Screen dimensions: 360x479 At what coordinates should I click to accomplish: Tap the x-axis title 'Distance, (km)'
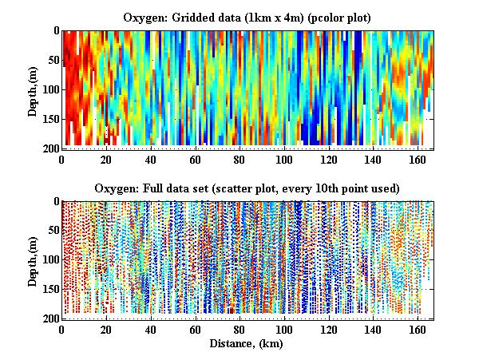(x=247, y=344)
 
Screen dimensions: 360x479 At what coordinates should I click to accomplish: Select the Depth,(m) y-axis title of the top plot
(x=33, y=89)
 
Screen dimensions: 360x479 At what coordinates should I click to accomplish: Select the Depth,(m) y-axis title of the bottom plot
(x=33, y=259)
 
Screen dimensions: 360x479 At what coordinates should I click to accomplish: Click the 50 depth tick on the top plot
(x=51, y=60)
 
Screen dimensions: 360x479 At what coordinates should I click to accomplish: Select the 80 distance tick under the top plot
(x=239, y=159)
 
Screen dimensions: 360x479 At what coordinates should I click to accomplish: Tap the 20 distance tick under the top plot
(x=106, y=159)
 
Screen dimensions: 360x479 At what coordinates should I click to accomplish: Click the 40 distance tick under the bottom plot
(x=150, y=330)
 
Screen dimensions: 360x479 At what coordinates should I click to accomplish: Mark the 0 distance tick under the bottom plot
(x=61, y=330)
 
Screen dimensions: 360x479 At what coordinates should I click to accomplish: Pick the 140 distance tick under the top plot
(x=372, y=159)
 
